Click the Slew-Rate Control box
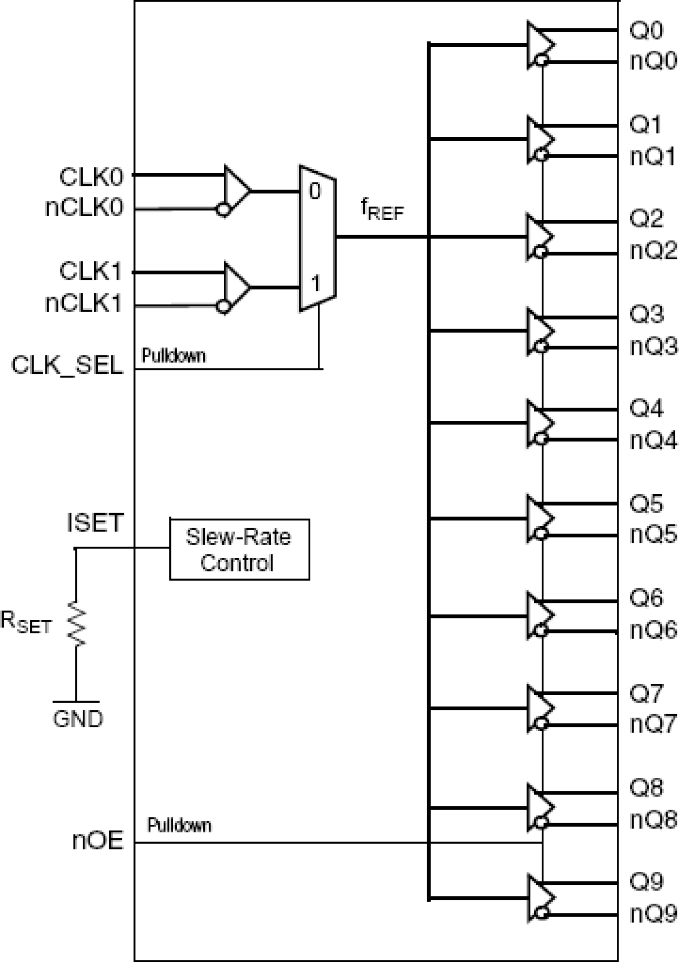pyautogui.click(x=239, y=549)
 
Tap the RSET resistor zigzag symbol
pyautogui.click(x=76, y=624)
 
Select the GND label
pyautogui.click(x=77, y=719)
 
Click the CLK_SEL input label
pyautogui.click(x=67, y=366)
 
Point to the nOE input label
pyautogui.click(x=98, y=840)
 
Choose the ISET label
pyautogui.click(x=95, y=522)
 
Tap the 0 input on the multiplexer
pyautogui.click(x=315, y=191)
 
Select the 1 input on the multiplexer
pyautogui.click(x=315, y=283)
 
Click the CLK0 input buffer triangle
pyautogui.click(x=236, y=191)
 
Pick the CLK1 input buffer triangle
pyautogui.click(x=236, y=286)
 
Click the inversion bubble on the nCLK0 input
pyautogui.click(x=223, y=210)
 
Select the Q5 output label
pyautogui.click(x=646, y=503)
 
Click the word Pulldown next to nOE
pyautogui.click(x=179, y=825)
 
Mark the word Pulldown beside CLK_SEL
pyautogui.click(x=174, y=355)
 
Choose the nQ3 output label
pyautogui.click(x=653, y=346)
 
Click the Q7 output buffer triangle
pyautogui.click(x=539, y=708)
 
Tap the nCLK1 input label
pyautogui.click(x=83, y=304)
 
